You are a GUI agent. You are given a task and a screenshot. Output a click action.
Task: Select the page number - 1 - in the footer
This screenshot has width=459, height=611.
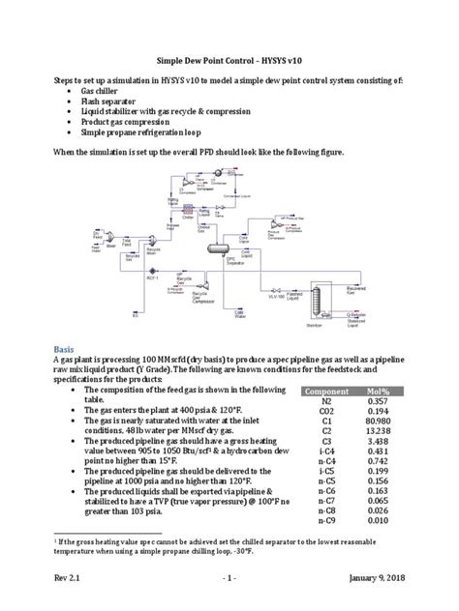click(x=228, y=579)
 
